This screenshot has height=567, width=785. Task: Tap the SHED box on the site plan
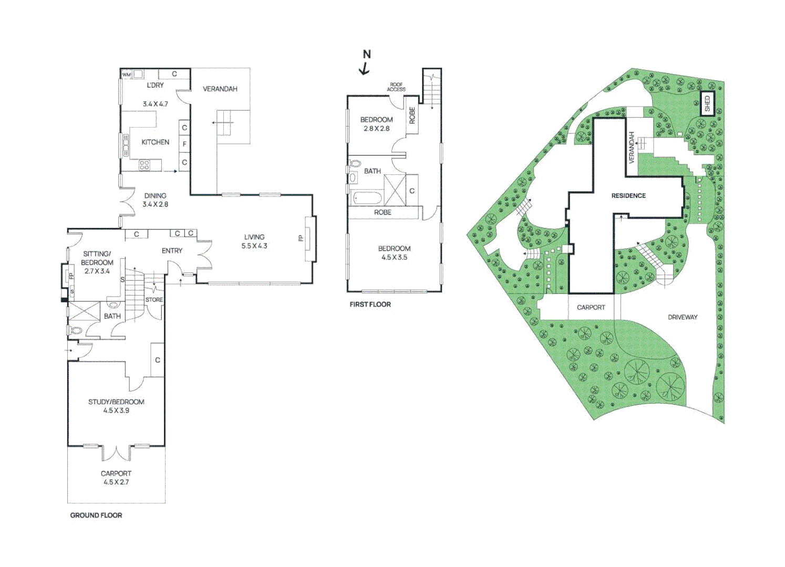pyautogui.click(x=707, y=104)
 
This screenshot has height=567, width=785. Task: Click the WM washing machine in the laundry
pyautogui.click(x=127, y=75)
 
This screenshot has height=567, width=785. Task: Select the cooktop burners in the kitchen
pyautogui.click(x=144, y=165)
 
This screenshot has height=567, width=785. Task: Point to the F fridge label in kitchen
pyautogui.click(x=184, y=144)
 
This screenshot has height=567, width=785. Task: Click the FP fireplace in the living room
pyautogui.click(x=309, y=239)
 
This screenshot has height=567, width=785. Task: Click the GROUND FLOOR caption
pyautogui.click(x=96, y=516)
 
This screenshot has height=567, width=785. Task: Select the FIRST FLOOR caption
pyautogui.click(x=370, y=304)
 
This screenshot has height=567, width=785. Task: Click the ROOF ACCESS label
pyautogui.click(x=396, y=87)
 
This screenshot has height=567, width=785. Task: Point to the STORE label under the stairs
pyautogui.click(x=154, y=300)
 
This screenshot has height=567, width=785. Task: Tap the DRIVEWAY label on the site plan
pyautogui.click(x=683, y=317)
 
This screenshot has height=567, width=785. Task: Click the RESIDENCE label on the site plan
pyautogui.click(x=628, y=196)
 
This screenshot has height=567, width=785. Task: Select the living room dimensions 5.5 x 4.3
pyautogui.click(x=254, y=246)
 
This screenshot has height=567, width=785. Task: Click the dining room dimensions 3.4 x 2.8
pyautogui.click(x=155, y=204)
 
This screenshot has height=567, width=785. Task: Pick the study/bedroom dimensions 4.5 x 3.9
pyautogui.click(x=116, y=411)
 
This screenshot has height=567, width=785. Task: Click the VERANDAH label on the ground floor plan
pyautogui.click(x=220, y=89)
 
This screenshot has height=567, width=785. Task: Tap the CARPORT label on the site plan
pyautogui.click(x=591, y=308)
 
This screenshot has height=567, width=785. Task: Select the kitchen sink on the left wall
pyautogui.click(x=126, y=145)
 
